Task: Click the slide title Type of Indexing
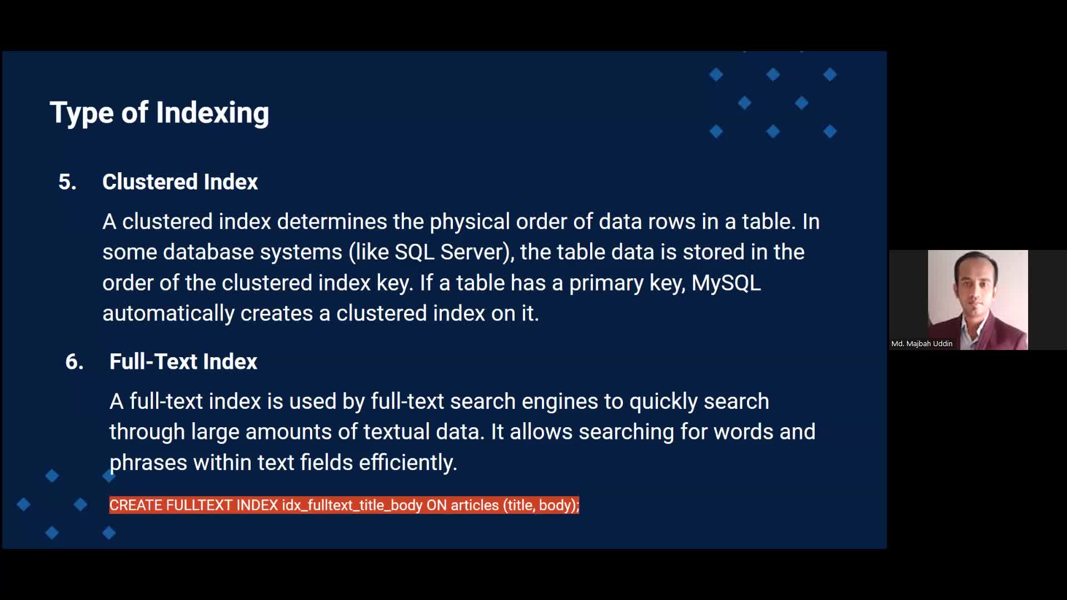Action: [x=159, y=113]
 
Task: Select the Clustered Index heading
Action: [x=180, y=182]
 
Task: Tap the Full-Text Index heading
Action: [x=183, y=362]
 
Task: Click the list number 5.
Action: [x=67, y=182]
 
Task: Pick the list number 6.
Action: [x=74, y=362]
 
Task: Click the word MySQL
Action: [x=726, y=283]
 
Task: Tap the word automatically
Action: [x=168, y=314]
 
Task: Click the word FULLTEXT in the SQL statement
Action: [x=201, y=506]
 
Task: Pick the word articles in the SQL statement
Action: [x=475, y=506]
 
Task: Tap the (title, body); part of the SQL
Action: [x=541, y=506]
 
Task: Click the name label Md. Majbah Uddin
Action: [x=921, y=344]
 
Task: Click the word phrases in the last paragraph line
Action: [x=148, y=463]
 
